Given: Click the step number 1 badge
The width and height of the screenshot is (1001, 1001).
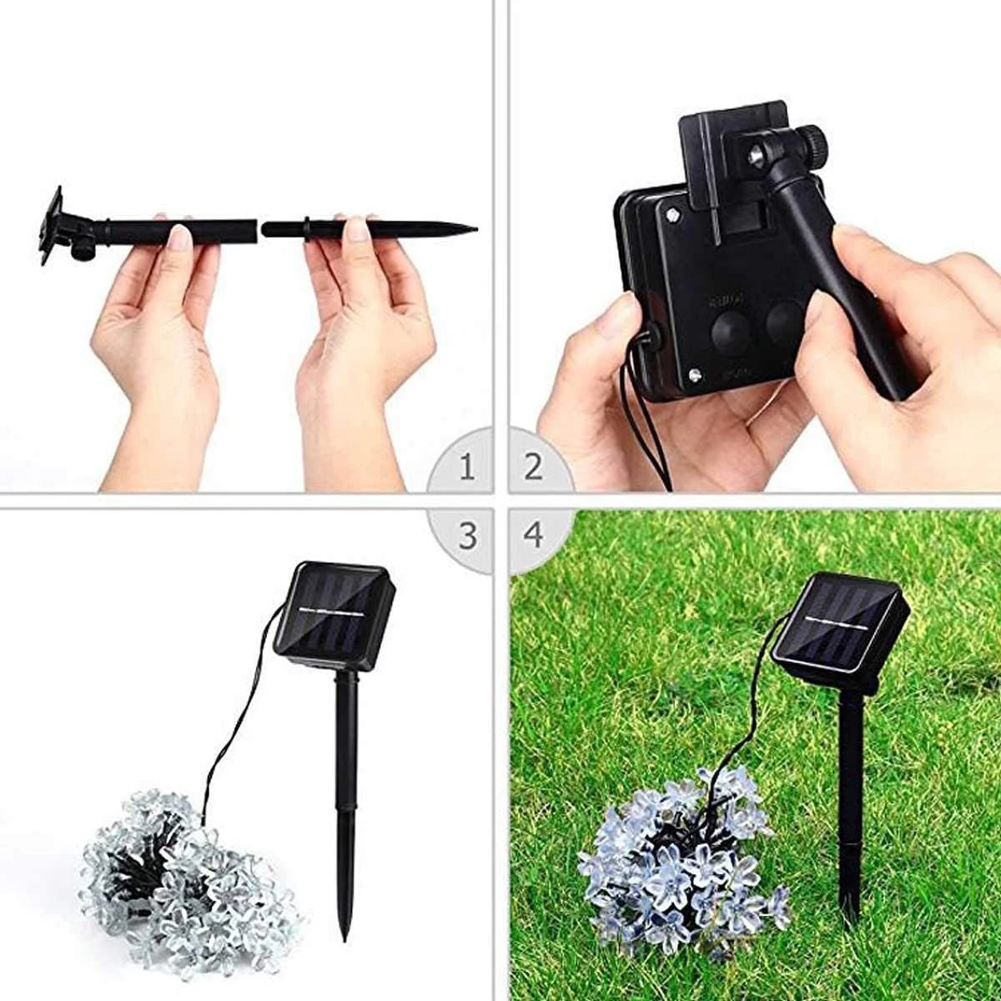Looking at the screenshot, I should click(x=466, y=468).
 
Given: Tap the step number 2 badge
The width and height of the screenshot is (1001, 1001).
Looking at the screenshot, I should click(x=533, y=468).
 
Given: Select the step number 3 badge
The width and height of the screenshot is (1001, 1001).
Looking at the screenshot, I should click(x=467, y=535).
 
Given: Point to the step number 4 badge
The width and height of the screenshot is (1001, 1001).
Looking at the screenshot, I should click(x=533, y=535).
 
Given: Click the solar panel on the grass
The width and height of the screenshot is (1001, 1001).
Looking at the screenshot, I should click(x=838, y=621).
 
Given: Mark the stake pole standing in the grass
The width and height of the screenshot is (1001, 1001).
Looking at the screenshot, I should click(x=849, y=792).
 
